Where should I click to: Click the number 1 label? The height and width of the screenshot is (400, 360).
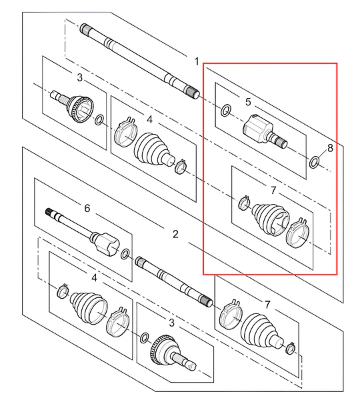click(197, 61)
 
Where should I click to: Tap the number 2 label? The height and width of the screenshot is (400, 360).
click(175, 234)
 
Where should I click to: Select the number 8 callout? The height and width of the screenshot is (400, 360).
click(330, 148)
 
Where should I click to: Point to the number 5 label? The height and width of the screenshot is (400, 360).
click(248, 102)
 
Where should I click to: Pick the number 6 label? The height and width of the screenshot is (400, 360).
click(87, 208)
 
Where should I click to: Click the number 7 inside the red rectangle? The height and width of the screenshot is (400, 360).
click(273, 190)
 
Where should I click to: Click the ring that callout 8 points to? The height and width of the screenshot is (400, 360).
click(314, 162)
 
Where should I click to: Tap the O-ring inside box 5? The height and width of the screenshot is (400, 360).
click(225, 111)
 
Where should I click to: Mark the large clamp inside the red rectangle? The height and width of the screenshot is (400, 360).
click(297, 233)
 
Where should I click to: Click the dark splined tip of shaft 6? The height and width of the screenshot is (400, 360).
click(49, 212)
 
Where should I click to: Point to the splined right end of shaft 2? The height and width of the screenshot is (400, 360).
click(205, 301)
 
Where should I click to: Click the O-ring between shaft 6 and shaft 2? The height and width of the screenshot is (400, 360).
click(125, 255)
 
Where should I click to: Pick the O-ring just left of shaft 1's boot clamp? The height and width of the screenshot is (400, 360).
click(99, 120)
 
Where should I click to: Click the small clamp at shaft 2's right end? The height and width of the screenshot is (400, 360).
click(290, 347)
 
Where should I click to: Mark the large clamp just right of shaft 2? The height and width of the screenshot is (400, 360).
click(231, 314)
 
